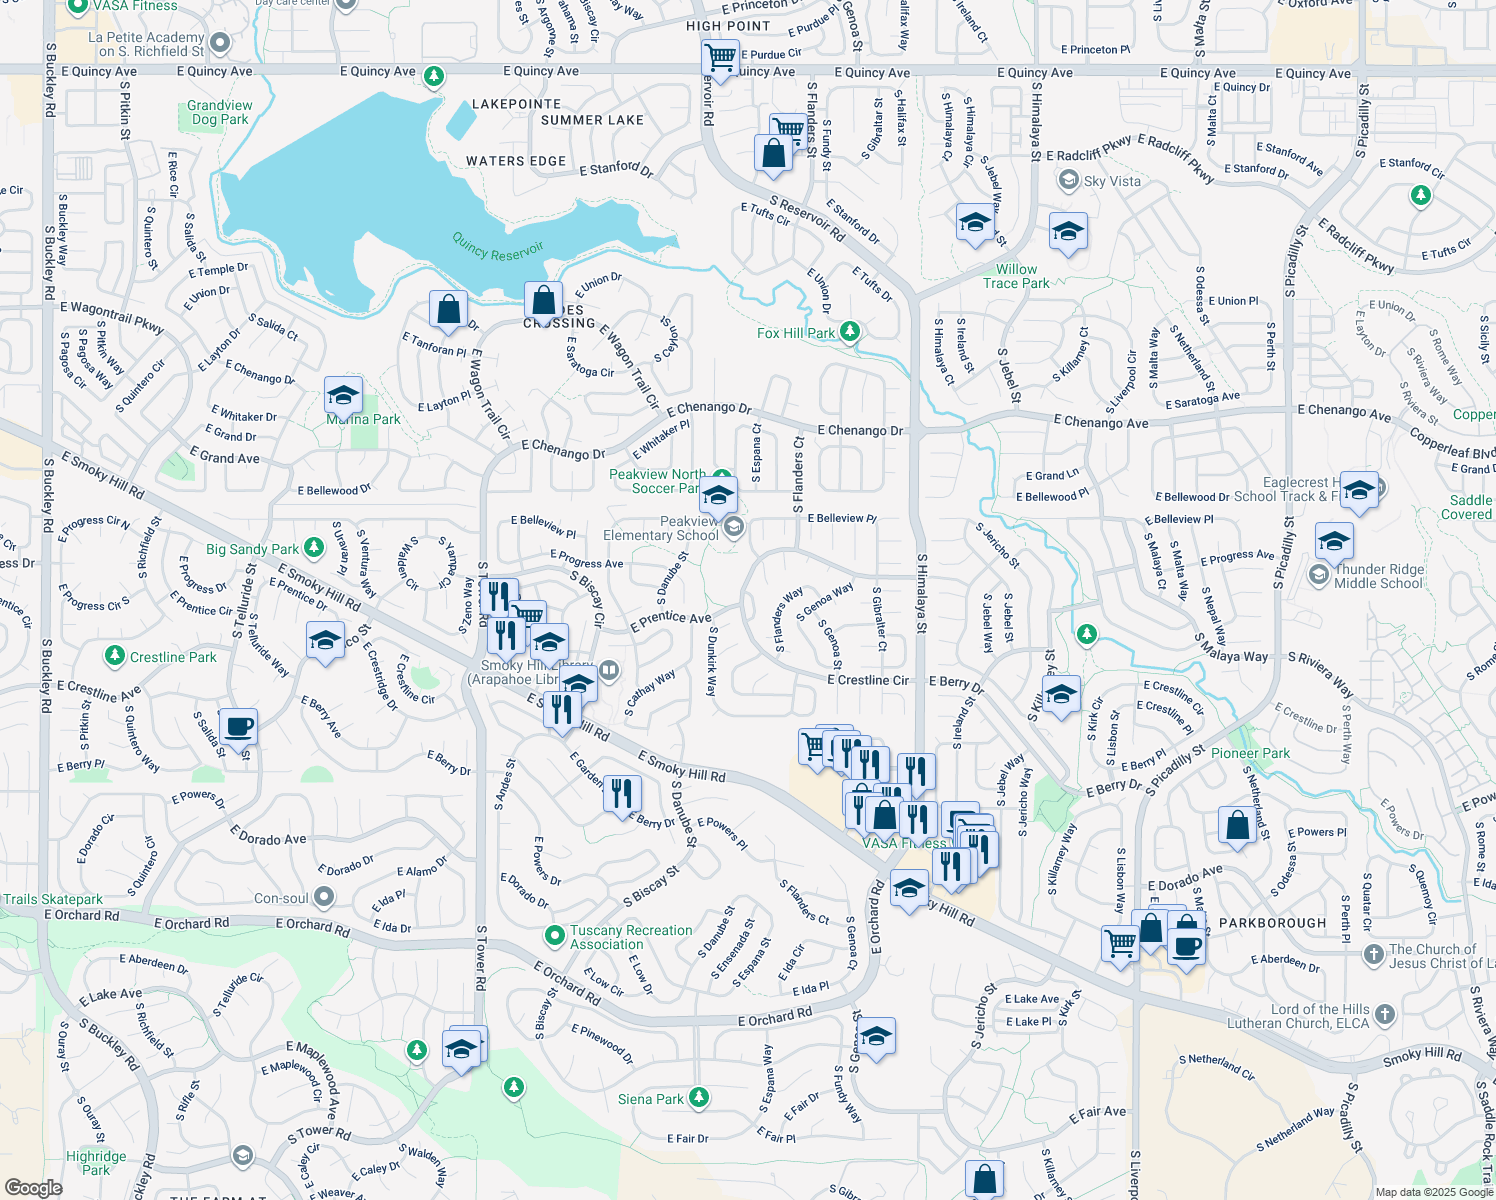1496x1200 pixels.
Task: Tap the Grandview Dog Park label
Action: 220,112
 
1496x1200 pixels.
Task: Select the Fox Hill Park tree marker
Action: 850,331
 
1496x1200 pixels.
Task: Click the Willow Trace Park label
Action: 1016,276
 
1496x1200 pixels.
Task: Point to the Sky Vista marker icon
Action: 1069,180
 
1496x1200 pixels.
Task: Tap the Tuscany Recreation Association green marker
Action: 554,935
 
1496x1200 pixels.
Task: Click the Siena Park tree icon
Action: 699,1098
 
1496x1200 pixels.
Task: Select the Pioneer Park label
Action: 1250,753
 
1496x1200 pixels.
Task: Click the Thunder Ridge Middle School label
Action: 1378,576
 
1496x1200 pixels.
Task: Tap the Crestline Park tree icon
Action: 115,656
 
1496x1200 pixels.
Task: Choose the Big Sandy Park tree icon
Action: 314,547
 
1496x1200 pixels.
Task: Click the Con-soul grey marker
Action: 324,897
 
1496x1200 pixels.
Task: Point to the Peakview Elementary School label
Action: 660,528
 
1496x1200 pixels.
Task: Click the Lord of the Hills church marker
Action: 1385,1014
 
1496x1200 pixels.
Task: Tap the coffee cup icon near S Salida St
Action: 238,726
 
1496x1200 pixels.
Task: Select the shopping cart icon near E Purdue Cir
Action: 720,56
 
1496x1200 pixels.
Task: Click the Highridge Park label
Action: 96,1163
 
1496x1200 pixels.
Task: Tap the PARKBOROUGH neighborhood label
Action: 1273,923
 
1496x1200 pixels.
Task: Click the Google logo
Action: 33,1187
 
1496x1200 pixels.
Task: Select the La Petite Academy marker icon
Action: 220,42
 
